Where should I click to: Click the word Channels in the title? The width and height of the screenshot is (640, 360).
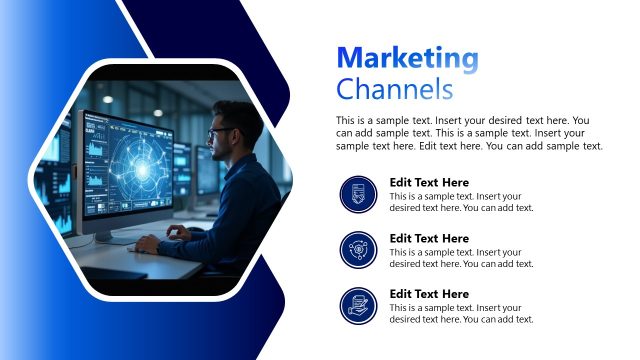tap(395, 89)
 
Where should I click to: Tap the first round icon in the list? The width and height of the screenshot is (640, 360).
tap(358, 193)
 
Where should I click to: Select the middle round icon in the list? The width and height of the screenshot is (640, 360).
tap(358, 249)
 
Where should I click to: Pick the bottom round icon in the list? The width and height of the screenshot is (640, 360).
tap(358, 304)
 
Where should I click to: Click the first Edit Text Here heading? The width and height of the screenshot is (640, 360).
tap(429, 182)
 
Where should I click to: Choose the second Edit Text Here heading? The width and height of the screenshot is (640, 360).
tap(429, 238)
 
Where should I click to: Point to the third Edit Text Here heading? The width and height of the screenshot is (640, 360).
tap(429, 294)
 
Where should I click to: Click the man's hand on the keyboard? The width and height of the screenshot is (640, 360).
tap(148, 242)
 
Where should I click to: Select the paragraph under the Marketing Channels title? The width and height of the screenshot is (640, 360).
tap(470, 133)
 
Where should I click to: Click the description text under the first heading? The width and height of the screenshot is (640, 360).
tap(461, 202)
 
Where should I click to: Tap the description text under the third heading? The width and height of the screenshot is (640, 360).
tap(461, 313)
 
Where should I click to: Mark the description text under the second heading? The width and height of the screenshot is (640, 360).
tap(461, 258)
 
